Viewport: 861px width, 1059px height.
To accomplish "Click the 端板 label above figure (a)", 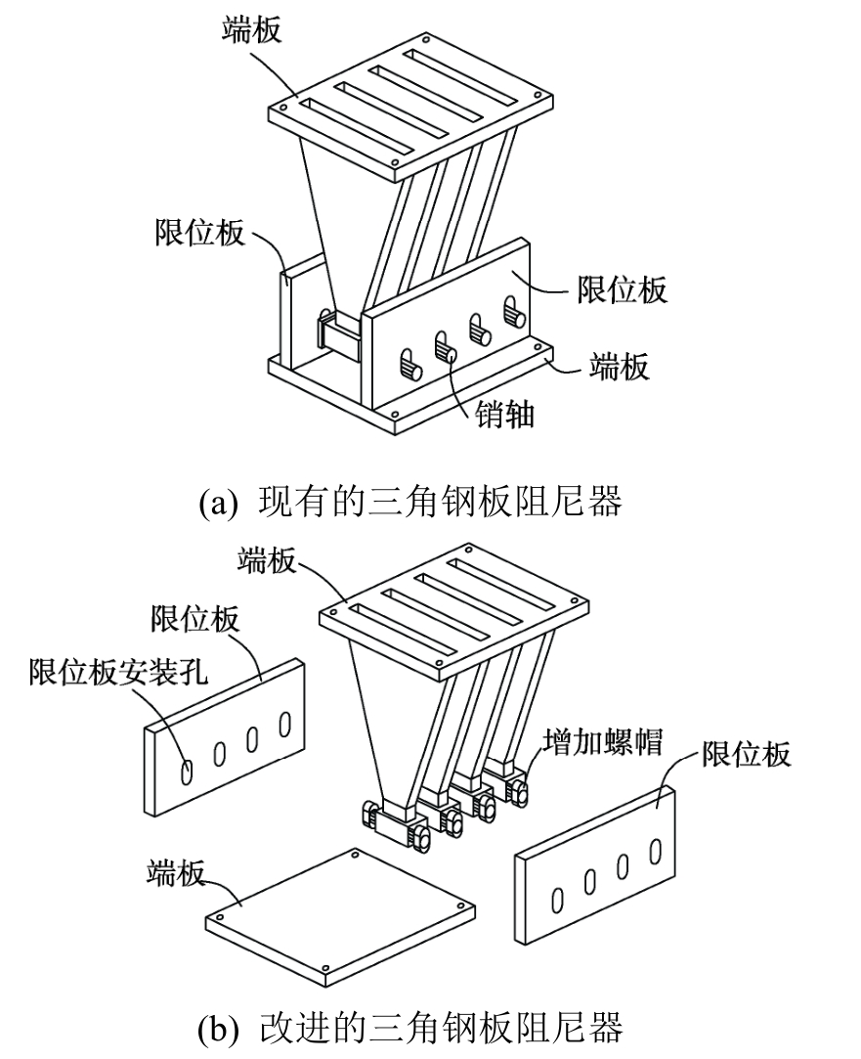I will pos(251,29).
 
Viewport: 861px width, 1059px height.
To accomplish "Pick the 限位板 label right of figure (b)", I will pos(746,754).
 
